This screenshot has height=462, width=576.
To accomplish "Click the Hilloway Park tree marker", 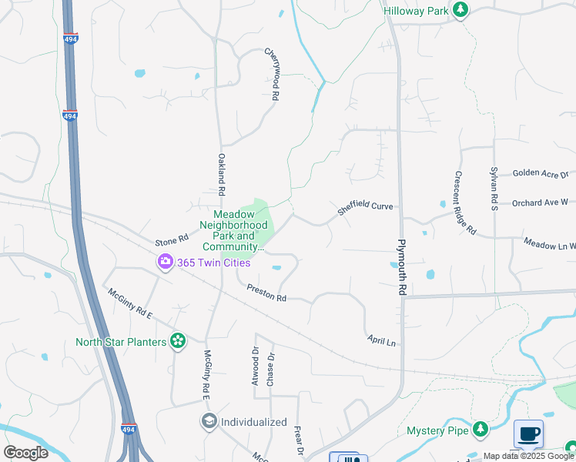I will point(461,9).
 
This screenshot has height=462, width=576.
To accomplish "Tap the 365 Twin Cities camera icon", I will point(165,263).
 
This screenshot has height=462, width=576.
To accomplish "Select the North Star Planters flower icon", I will point(178,340).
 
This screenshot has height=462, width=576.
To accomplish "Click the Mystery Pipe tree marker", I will point(481,428).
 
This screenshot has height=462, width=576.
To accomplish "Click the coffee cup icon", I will point(528,434).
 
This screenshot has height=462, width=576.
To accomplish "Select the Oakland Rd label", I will point(221,174).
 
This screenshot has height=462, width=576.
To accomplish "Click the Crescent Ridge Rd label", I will point(466,203).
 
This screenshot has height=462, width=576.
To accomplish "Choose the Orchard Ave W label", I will point(540,203).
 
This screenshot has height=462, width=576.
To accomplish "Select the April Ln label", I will point(381,340).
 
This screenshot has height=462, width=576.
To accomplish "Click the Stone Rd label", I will point(172,240).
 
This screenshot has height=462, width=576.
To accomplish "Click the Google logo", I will point(25,453).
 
